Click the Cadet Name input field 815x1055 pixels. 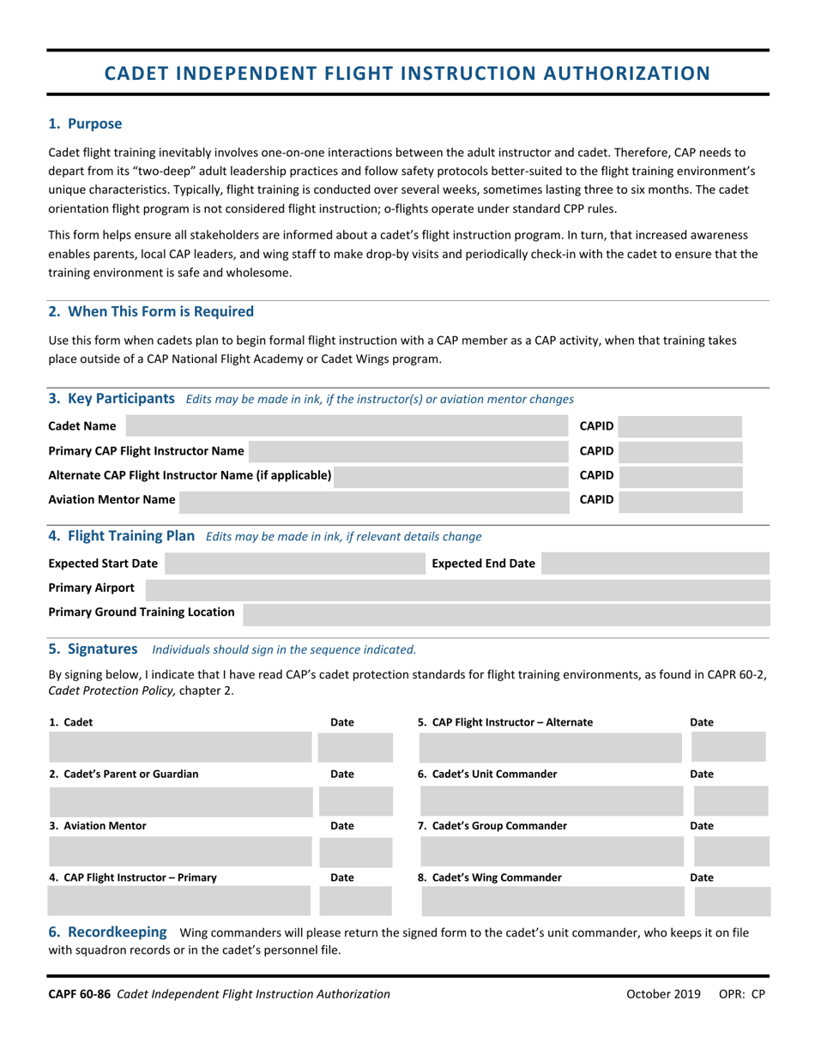347,426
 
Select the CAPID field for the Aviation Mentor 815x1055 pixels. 679,499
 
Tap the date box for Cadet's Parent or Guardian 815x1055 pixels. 355,800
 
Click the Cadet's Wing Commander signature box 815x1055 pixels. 552,902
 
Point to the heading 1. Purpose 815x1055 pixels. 85,124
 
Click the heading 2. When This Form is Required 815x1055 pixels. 151,310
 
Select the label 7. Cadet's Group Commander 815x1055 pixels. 492,826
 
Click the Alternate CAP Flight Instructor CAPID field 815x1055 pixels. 679,475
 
